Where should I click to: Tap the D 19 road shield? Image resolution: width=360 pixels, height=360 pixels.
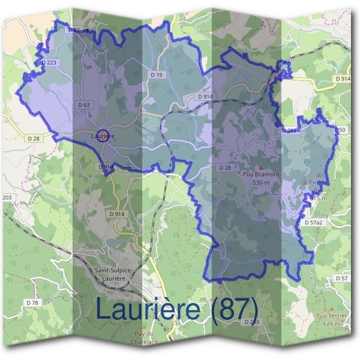click(157, 75)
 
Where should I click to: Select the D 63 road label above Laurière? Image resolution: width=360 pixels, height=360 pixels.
click(84, 104)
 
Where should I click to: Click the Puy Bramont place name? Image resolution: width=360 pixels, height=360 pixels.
click(261, 175)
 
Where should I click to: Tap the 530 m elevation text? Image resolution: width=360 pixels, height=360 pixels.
click(262, 182)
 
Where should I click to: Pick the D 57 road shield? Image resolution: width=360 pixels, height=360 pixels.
click(342, 278)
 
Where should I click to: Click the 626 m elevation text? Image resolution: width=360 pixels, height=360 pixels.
click(331, 324)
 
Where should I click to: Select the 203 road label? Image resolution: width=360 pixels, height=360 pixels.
click(7, 197)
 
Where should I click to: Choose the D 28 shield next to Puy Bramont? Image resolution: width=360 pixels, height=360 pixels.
click(225, 167)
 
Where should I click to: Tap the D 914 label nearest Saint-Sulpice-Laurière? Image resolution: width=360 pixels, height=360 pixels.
click(117, 214)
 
